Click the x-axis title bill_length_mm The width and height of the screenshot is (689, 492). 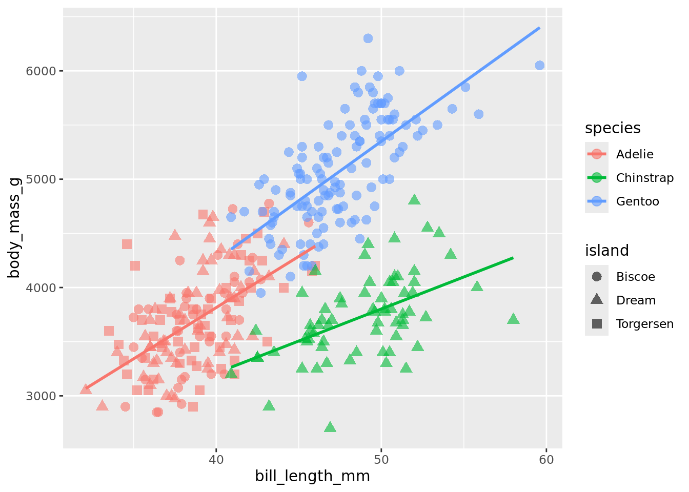coord(312,477)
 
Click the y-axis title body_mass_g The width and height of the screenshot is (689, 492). coord(14,228)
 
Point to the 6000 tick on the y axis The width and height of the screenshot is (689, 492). coord(41,71)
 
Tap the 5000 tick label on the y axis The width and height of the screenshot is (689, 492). coord(41,179)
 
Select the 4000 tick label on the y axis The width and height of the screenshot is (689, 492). coord(41,288)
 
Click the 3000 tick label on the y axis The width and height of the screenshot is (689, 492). coord(41,396)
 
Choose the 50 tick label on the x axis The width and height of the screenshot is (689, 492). coord(381,460)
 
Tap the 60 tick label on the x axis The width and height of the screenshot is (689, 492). coord(546,460)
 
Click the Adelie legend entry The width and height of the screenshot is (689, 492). coord(635,154)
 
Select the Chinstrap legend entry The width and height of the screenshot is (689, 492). coord(644,178)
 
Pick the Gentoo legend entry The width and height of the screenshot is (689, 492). coord(637,201)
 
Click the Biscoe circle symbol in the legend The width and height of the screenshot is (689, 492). coord(597,277)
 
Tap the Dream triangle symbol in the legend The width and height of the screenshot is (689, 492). coord(597,300)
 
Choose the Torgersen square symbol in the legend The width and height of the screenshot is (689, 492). coord(597,324)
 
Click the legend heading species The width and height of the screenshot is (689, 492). coord(613,128)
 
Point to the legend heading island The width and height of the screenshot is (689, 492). coord(606,251)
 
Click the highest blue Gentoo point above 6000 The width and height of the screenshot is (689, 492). coord(368,38)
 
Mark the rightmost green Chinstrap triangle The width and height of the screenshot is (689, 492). coord(513,319)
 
